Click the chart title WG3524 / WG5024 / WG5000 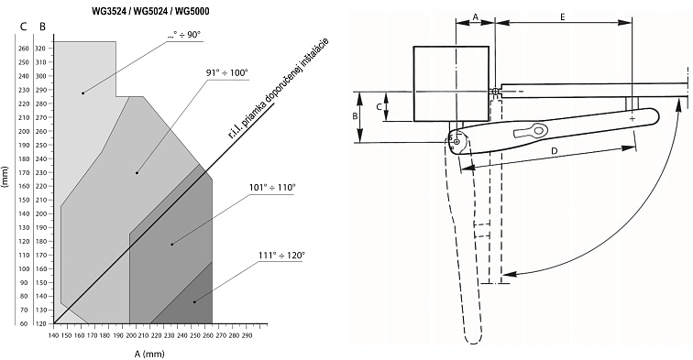tap(150, 12)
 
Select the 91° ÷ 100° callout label tap(226, 73)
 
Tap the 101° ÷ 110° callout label tap(272, 187)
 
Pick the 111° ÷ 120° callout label tap(281, 256)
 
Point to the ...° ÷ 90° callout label tap(185, 35)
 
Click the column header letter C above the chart tap(24, 27)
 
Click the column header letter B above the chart tap(42, 27)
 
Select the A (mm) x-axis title tap(149, 354)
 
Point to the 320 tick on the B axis tap(41, 49)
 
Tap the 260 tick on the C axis tap(24, 49)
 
